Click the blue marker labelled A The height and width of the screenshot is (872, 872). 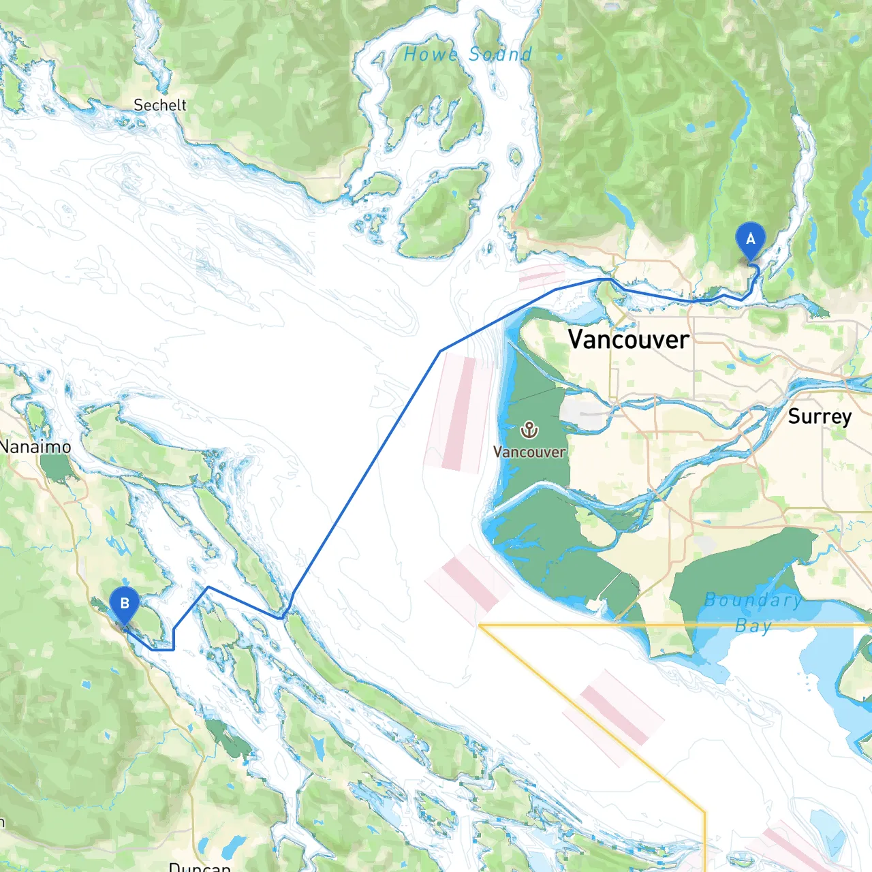click(x=750, y=240)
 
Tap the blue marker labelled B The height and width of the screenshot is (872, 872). click(x=124, y=604)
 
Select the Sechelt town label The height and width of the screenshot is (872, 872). click(x=159, y=105)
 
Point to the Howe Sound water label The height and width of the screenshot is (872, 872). click(x=467, y=54)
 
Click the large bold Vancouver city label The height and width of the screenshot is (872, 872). click(x=628, y=339)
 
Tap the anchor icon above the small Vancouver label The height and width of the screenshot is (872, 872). click(x=529, y=430)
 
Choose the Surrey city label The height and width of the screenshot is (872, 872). click(x=820, y=416)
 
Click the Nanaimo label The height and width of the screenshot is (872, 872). click(x=35, y=447)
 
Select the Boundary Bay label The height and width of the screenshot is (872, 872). click(x=752, y=612)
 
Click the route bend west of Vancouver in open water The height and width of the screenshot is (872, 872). click(x=441, y=352)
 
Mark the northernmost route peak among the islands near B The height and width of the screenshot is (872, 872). click(x=208, y=587)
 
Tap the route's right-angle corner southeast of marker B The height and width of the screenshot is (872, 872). click(x=174, y=649)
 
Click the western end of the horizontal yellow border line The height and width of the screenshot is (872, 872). click(x=480, y=625)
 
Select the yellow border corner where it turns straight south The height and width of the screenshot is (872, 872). click(x=704, y=811)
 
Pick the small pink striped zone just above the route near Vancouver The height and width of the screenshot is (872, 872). click(x=542, y=277)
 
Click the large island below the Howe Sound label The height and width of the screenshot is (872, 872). click(x=443, y=211)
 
